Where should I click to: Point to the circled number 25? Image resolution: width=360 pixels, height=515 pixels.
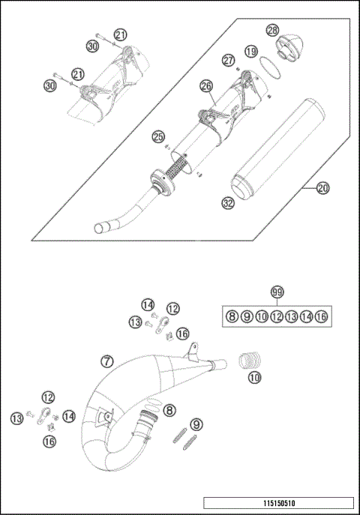[158, 136]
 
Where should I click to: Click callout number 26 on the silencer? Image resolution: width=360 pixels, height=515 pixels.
[206, 87]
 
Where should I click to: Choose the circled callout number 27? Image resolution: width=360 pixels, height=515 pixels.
[228, 60]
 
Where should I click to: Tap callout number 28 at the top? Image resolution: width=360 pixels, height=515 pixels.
[273, 29]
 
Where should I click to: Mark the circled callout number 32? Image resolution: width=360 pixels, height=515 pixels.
[228, 202]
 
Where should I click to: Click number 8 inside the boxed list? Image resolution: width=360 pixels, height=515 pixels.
[232, 317]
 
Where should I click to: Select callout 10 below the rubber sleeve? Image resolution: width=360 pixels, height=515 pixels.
[254, 379]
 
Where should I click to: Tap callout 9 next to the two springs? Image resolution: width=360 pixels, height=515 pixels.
[196, 425]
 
